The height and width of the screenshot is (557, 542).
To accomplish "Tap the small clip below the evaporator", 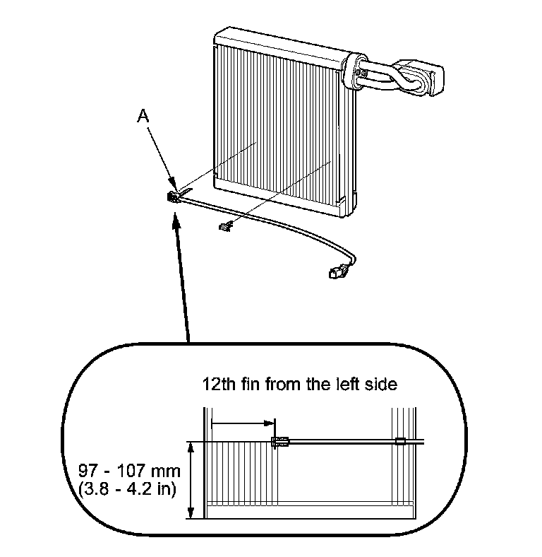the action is [225, 226].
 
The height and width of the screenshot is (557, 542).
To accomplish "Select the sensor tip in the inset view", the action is [279, 442].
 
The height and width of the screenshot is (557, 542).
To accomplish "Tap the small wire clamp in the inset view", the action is [399, 442].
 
